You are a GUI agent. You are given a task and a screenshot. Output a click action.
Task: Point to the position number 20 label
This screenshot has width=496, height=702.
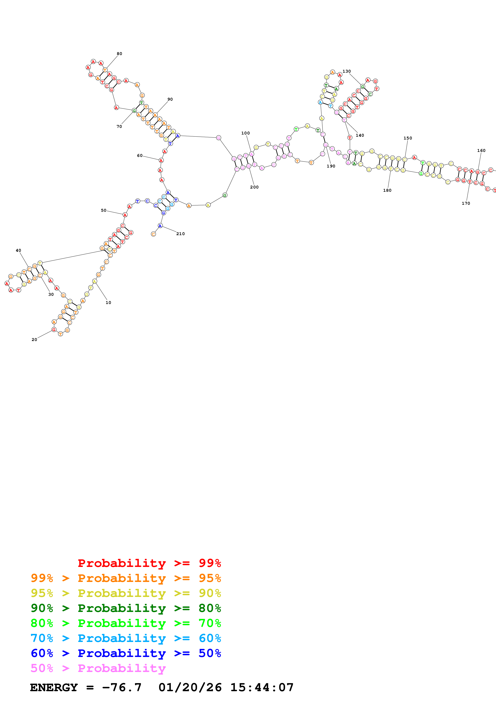click(34, 340)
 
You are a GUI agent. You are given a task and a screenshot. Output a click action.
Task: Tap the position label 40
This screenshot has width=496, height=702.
click(18, 250)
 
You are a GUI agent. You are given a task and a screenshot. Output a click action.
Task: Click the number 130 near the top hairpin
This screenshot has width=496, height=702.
click(347, 71)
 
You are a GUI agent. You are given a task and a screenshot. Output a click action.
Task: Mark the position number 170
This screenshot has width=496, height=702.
click(466, 203)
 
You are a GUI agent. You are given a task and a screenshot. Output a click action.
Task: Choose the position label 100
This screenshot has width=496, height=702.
click(245, 133)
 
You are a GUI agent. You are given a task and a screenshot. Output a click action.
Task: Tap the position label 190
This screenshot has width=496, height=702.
click(331, 166)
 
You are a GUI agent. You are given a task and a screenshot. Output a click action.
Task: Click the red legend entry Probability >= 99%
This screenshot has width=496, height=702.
click(149, 563)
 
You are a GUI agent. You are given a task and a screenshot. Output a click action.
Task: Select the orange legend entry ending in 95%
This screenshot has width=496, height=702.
click(126, 578)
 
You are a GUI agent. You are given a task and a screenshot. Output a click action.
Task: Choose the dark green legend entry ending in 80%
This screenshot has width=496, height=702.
click(126, 608)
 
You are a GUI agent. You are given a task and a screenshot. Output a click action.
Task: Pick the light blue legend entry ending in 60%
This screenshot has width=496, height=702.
click(126, 638)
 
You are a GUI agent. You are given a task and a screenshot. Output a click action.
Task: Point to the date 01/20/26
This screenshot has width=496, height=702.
click(190, 687)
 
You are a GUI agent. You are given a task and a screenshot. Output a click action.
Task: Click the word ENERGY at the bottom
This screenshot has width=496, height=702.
click(54, 687)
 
